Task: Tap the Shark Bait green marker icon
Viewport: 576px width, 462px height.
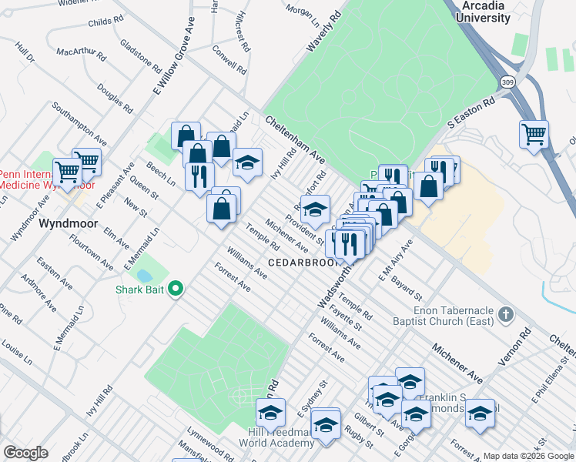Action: click(x=176, y=290)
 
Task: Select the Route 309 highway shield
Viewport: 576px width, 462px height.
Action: click(x=507, y=81)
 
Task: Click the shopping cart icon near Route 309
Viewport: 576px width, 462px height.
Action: click(x=533, y=134)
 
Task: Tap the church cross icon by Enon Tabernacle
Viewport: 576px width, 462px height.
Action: click(x=505, y=314)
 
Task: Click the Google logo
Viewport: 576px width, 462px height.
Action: click(x=25, y=452)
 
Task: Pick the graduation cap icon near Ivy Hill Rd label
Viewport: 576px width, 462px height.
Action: click(x=247, y=162)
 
